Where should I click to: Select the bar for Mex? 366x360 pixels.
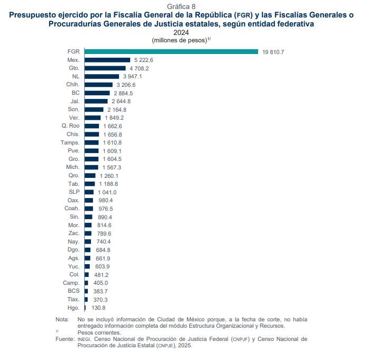[x=107, y=60]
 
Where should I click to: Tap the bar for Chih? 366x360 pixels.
[x=98, y=85]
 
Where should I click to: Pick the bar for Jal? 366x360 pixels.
[x=96, y=101]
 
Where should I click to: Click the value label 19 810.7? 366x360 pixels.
[x=277, y=52]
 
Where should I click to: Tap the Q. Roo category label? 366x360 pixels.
[x=70, y=126]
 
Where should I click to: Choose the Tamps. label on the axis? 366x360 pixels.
[x=70, y=142]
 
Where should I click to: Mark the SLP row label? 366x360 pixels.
[x=74, y=192]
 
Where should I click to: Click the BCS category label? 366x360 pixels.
[x=74, y=291]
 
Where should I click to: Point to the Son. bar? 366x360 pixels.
[x=94, y=110]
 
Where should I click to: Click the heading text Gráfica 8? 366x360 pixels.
[x=181, y=6]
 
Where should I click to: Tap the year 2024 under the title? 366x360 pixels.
[x=181, y=32]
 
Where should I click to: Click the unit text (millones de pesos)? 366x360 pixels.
[x=179, y=40]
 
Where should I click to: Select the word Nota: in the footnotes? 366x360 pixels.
[x=62, y=320]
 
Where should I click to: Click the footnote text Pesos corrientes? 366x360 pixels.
[x=99, y=332]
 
